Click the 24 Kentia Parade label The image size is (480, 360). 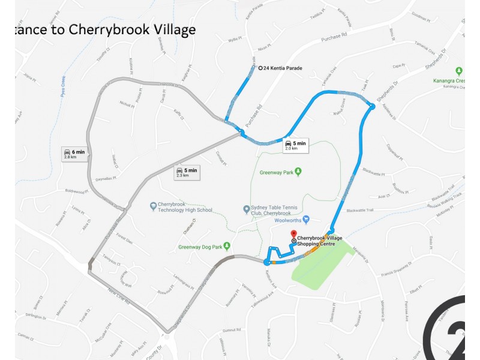coord(283,68)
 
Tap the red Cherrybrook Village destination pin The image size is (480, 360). coord(293,234)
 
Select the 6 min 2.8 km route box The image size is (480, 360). coord(75,154)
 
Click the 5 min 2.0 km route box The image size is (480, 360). coord(295,145)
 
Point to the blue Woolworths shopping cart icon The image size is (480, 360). coord(306,219)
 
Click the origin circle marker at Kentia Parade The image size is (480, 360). coord(260,68)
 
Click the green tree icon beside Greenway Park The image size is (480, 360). coord(298,172)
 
